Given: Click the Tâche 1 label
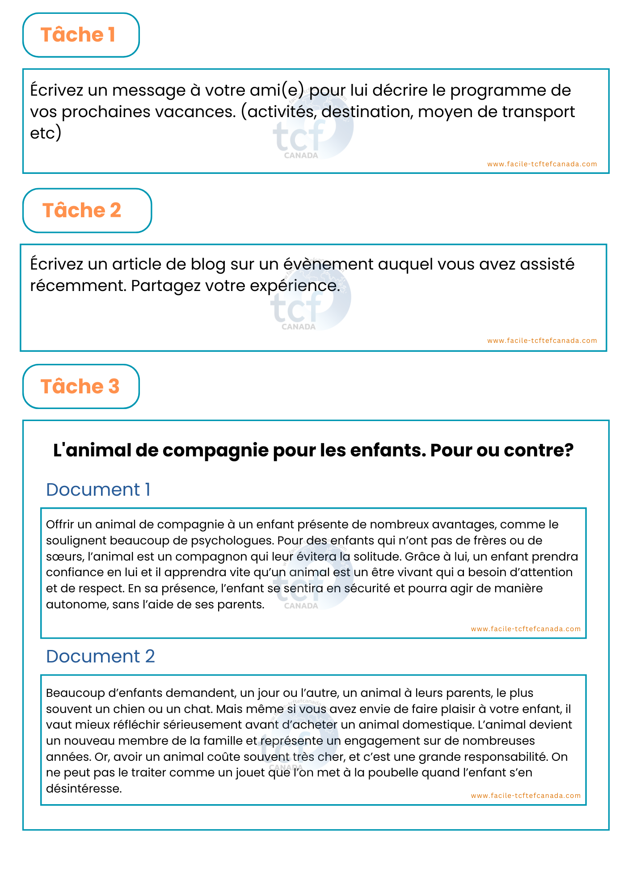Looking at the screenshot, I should [x=78, y=35].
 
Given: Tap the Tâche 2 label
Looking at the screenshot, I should [x=82, y=211].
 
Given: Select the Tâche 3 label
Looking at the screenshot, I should [x=80, y=387].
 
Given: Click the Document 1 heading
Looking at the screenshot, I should [x=98, y=490].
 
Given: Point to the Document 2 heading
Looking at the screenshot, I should [x=100, y=657].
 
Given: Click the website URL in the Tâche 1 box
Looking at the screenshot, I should [x=542, y=164].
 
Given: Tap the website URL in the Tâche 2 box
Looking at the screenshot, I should [x=542, y=341].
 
